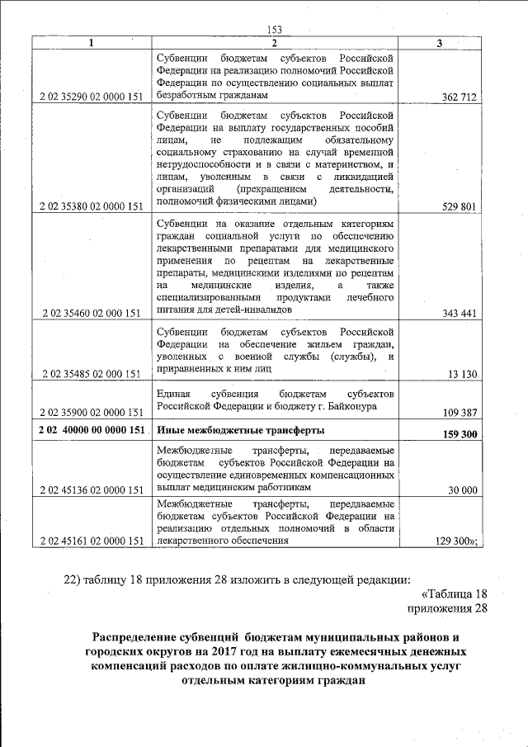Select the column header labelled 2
click(x=275, y=43)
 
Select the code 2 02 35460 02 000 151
click(x=89, y=314)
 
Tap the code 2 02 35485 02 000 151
click(x=89, y=374)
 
